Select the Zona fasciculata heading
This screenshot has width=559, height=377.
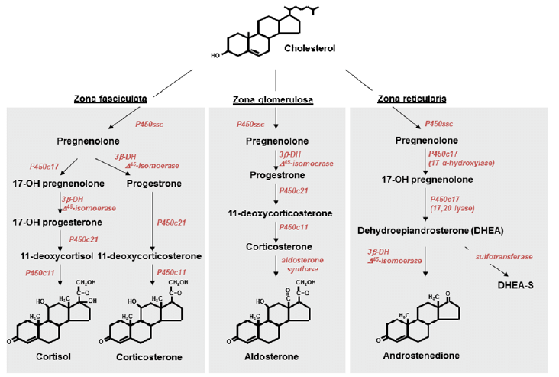(111, 98)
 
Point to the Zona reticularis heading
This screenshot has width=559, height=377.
(412, 99)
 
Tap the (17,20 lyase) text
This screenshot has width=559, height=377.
(456, 209)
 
